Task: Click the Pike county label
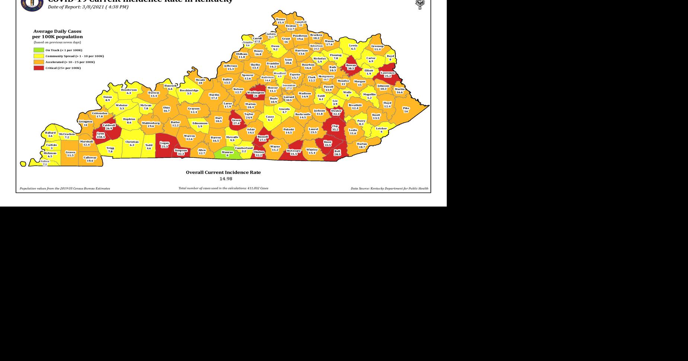pos(406,108)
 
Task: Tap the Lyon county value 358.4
pos(101,137)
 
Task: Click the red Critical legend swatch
pos(39,68)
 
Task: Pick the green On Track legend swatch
pos(39,50)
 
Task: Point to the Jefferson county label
pos(230,66)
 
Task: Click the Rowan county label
pos(351,65)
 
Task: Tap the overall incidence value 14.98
pos(226,179)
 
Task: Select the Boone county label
pos(281,19)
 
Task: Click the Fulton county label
pos(45,161)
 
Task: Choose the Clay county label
pos(335,126)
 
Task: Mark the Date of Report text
pos(88,7)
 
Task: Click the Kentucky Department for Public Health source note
pos(389,188)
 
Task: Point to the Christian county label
pos(132,142)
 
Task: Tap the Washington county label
pos(255,92)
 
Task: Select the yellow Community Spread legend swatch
pos(39,56)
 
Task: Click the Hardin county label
pos(214,95)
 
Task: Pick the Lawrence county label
pos(388,73)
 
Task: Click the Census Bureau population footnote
pos(65,188)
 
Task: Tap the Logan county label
pos(164,143)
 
